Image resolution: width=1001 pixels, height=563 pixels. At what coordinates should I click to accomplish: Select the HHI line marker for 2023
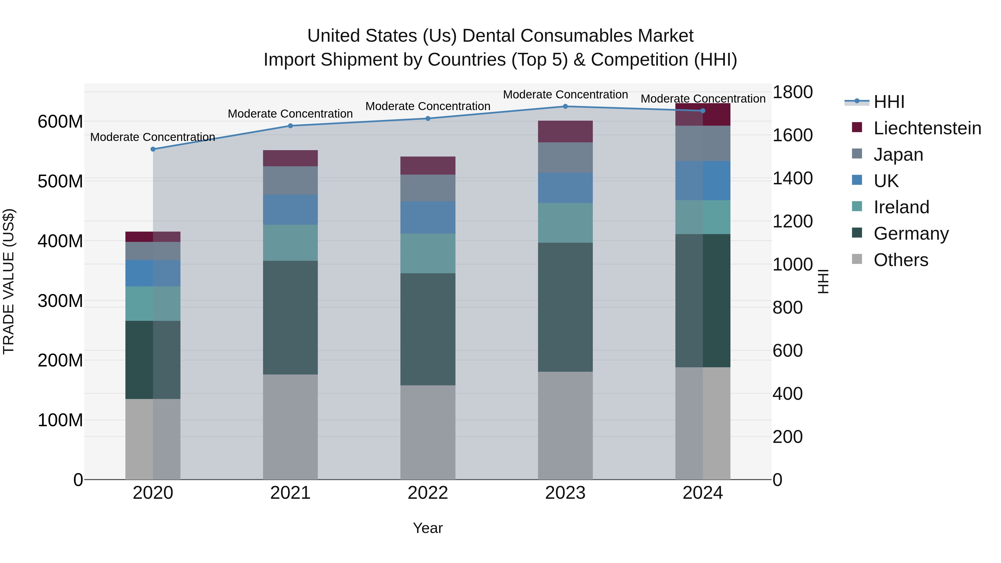coord(565,106)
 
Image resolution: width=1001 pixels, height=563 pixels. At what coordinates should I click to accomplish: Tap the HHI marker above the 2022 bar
coord(428,118)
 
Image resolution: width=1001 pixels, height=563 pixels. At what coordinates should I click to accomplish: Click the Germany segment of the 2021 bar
coord(290,318)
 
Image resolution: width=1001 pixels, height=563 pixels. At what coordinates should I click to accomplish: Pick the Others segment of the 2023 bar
coord(565,425)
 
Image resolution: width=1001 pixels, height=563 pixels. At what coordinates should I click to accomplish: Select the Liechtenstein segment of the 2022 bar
coord(428,165)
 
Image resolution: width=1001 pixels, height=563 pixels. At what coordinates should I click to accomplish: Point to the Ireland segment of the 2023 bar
coord(565,223)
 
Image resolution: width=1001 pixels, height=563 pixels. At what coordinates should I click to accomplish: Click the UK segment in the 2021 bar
coord(290,210)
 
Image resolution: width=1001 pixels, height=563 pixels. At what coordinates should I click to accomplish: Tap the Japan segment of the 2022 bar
coord(428,188)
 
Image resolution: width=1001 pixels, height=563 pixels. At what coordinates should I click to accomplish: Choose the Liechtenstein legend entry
coord(927,128)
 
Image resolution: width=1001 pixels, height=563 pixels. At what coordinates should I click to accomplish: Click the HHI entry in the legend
coord(889,102)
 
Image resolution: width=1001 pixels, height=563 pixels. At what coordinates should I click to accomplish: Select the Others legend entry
coord(901,260)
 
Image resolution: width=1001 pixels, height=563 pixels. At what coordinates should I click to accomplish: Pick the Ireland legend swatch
coord(857,206)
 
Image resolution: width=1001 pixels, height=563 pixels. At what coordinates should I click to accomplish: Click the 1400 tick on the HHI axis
coord(792,178)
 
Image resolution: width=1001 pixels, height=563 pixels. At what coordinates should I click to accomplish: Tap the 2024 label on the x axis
coord(703,493)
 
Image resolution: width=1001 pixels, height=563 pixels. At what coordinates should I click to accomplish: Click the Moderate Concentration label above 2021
coord(290,114)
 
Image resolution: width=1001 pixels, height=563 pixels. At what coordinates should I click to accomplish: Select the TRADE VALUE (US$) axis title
coord(9,281)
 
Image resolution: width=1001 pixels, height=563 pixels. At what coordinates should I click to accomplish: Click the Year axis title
coord(428,528)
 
